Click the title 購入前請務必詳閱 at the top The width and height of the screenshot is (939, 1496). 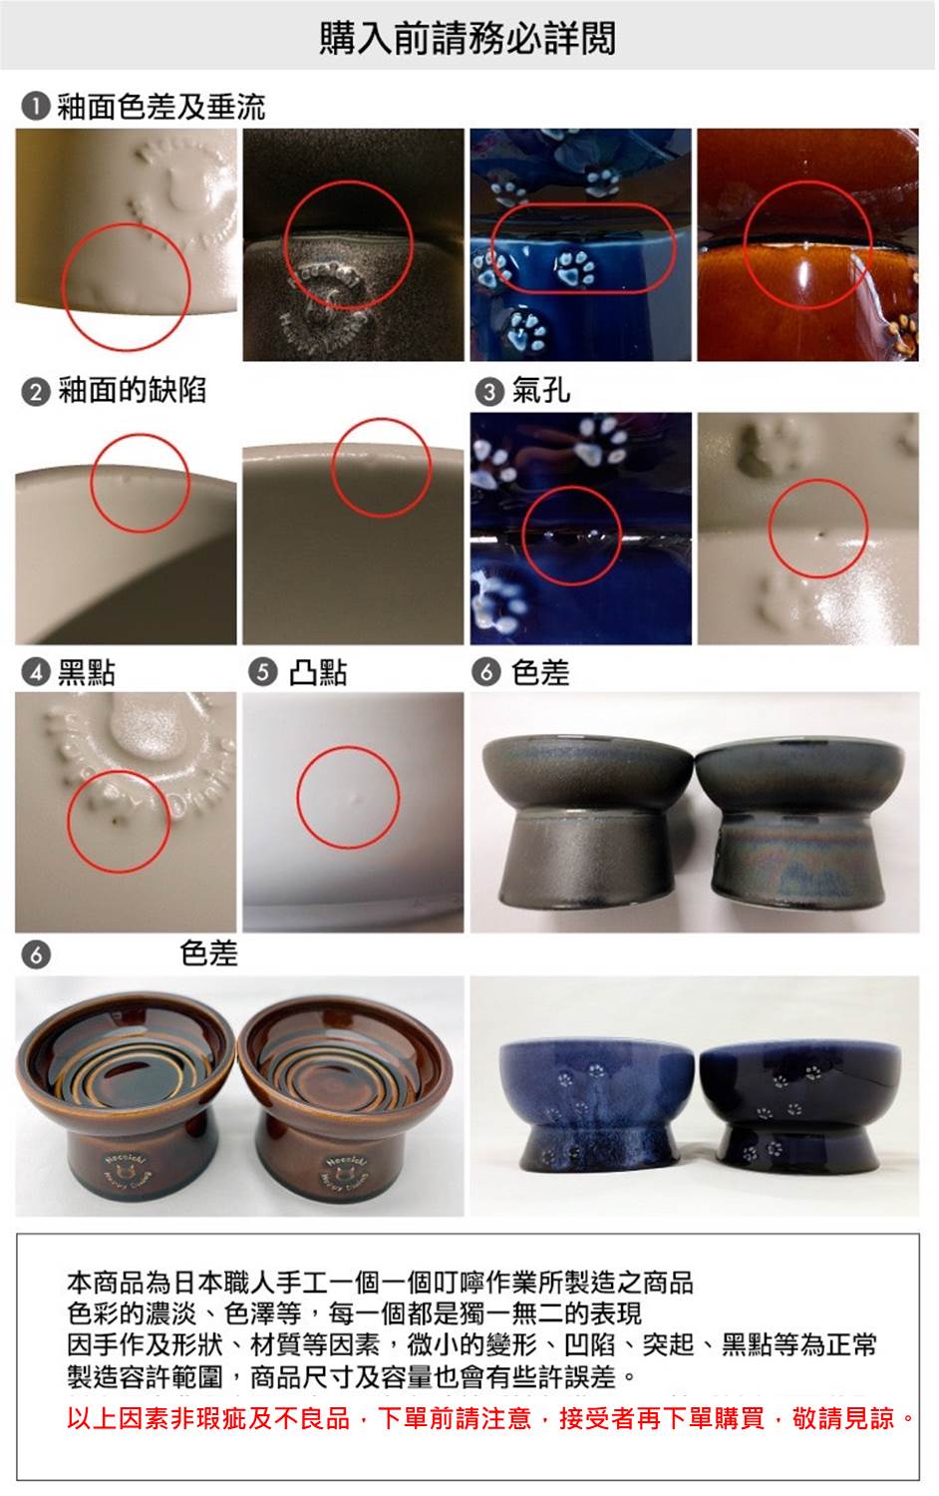[x=468, y=38]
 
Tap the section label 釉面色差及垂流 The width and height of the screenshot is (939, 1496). [x=161, y=107]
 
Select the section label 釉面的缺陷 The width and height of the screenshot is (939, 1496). [x=133, y=391]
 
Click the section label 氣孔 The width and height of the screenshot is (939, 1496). [x=540, y=391]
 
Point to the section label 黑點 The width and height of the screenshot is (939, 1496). [x=87, y=672]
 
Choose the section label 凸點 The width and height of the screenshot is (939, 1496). [x=318, y=672]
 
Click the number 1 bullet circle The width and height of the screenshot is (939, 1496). [x=35, y=107]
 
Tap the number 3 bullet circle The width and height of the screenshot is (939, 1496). [x=488, y=391]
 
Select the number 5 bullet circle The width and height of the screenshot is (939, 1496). [x=263, y=672]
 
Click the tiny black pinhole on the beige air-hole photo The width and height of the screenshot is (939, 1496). [x=820, y=535]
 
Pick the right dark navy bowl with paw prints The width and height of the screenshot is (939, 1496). [x=799, y=1107]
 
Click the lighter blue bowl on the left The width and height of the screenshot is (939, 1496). [x=596, y=1107]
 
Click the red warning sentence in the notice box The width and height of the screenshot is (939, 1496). [x=491, y=1418]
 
